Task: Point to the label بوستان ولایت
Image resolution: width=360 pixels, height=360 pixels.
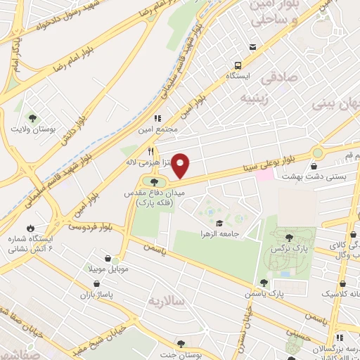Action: pos(32,129)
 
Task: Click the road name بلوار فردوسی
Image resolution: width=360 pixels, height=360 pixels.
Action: pos(91,226)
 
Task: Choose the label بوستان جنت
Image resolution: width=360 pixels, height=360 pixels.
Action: pos(181,356)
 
